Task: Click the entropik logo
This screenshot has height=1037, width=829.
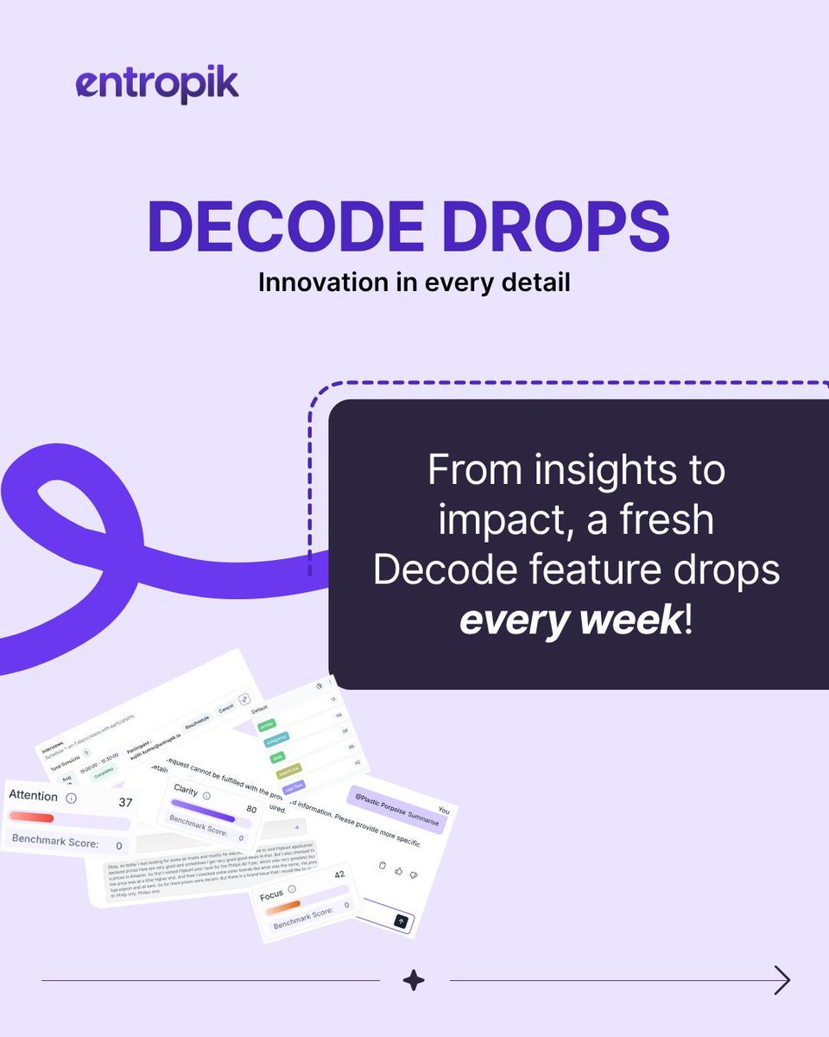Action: click(x=156, y=85)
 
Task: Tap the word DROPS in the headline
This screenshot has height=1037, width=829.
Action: click(x=552, y=226)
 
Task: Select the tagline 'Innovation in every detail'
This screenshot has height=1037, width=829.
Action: click(x=414, y=283)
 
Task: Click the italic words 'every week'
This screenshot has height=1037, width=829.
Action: click(x=571, y=620)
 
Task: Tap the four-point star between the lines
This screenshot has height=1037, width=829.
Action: click(x=414, y=980)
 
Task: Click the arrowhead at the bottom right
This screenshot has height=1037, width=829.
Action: click(x=782, y=980)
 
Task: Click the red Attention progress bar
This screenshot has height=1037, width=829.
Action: click(x=31, y=818)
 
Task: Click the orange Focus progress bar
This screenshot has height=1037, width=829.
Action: click(x=282, y=907)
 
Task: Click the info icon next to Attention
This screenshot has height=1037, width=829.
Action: click(x=71, y=798)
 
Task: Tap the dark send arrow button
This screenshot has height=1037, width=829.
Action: click(x=401, y=921)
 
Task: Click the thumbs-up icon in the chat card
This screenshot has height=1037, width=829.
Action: click(x=399, y=872)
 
